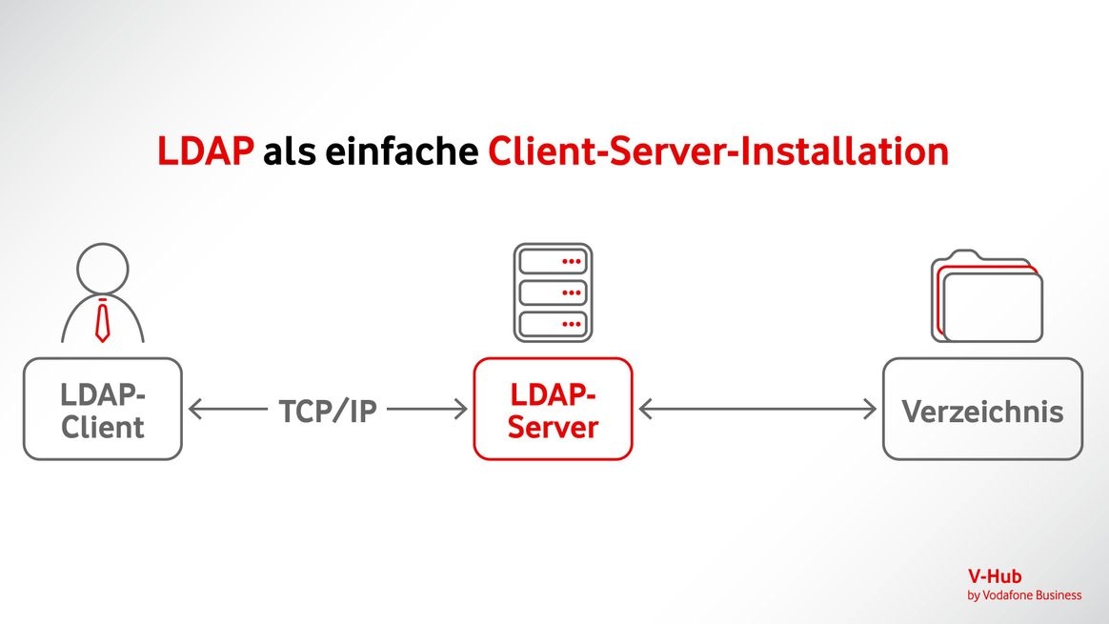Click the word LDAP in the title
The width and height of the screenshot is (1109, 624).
(x=206, y=152)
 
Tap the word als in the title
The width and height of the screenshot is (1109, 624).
(x=289, y=152)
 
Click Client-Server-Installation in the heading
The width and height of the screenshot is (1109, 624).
(x=718, y=152)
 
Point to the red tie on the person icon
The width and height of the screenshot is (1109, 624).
(x=102, y=320)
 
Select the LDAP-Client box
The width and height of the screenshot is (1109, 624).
(x=102, y=410)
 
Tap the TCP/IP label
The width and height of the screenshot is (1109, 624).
(x=328, y=412)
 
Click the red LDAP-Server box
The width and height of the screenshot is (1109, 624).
(x=553, y=410)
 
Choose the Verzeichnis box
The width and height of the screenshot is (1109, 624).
(x=981, y=410)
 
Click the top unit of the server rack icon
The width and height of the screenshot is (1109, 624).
(x=553, y=260)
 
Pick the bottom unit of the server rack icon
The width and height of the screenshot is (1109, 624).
(x=553, y=324)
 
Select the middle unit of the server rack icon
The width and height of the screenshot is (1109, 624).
(x=553, y=292)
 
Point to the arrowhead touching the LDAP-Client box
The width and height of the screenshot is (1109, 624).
(x=195, y=410)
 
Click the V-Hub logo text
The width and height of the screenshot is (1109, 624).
(x=996, y=576)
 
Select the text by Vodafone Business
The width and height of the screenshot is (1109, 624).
(x=1024, y=595)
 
